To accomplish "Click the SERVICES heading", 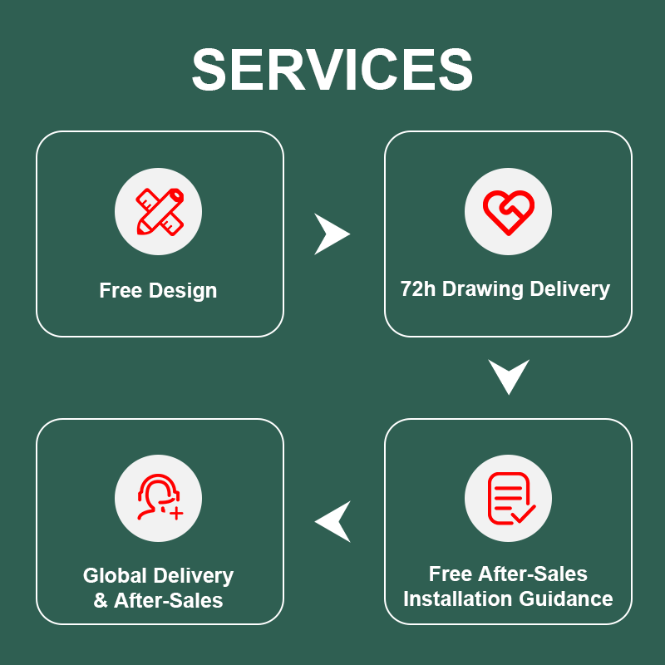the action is (x=332, y=70).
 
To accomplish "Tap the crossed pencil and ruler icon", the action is (x=160, y=211).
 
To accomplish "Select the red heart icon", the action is (x=509, y=212).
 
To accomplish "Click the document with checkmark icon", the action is (x=511, y=498).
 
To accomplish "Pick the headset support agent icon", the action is (x=160, y=496).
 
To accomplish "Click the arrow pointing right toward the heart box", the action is (x=331, y=234).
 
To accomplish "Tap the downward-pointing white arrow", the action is (x=509, y=377).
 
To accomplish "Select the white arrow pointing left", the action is (x=333, y=522).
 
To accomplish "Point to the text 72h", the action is (x=418, y=288).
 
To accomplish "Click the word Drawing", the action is (x=483, y=289).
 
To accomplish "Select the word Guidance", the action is (x=566, y=598).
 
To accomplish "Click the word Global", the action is (x=115, y=575).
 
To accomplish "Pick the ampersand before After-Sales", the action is (x=101, y=600).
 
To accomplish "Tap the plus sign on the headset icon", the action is (x=176, y=514).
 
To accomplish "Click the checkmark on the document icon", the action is (x=524, y=513).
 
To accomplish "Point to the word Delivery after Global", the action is (x=194, y=576).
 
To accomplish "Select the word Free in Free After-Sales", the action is (x=450, y=574).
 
